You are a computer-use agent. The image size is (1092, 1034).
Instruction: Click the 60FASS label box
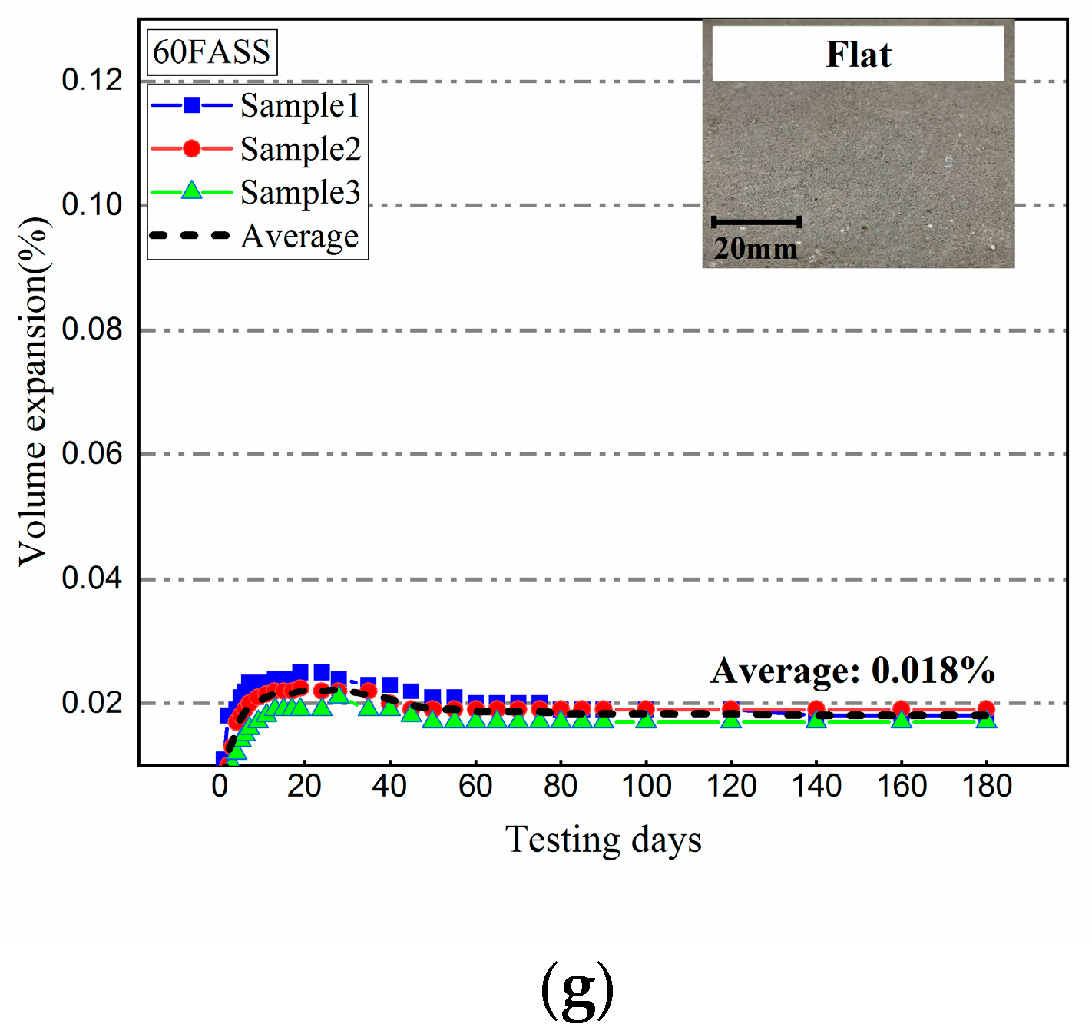pyautogui.click(x=211, y=52)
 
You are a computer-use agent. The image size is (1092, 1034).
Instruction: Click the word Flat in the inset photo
pyautogui.click(x=858, y=55)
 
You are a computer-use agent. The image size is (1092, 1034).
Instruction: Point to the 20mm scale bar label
pyautogui.click(x=756, y=248)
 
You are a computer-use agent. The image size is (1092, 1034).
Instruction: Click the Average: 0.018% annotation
pyautogui.click(x=852, y=670)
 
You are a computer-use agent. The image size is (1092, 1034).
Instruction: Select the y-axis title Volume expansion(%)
pyautogui.click(x=34, y=392)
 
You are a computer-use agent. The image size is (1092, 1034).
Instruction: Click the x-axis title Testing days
pyautogui.click(x=603, y=840)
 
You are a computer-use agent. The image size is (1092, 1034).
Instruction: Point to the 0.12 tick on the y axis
pyautogui.click(x=92, y=80)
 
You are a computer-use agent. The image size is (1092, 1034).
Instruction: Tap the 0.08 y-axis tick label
pyautogui.click(x=92, y=330)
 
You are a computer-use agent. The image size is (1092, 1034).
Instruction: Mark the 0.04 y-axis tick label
pyautogui.click(x=92, y=578)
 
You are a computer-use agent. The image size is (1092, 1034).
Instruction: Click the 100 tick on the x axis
pyautogui.click(x=646, y=786)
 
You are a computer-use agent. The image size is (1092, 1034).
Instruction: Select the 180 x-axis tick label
pyautogui.click(x=987, y=786)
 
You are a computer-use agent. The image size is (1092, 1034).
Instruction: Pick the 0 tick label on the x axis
pyautogui.click(x=220, y=786)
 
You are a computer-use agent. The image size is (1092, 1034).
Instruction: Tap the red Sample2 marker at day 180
pyautogui.click(x=986, y=709)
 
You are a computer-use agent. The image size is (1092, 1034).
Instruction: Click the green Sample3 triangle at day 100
pyautogui.click(x=646, y=720)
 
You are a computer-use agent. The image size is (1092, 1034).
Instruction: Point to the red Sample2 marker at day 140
pyautogui.click(x=816, y=709)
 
